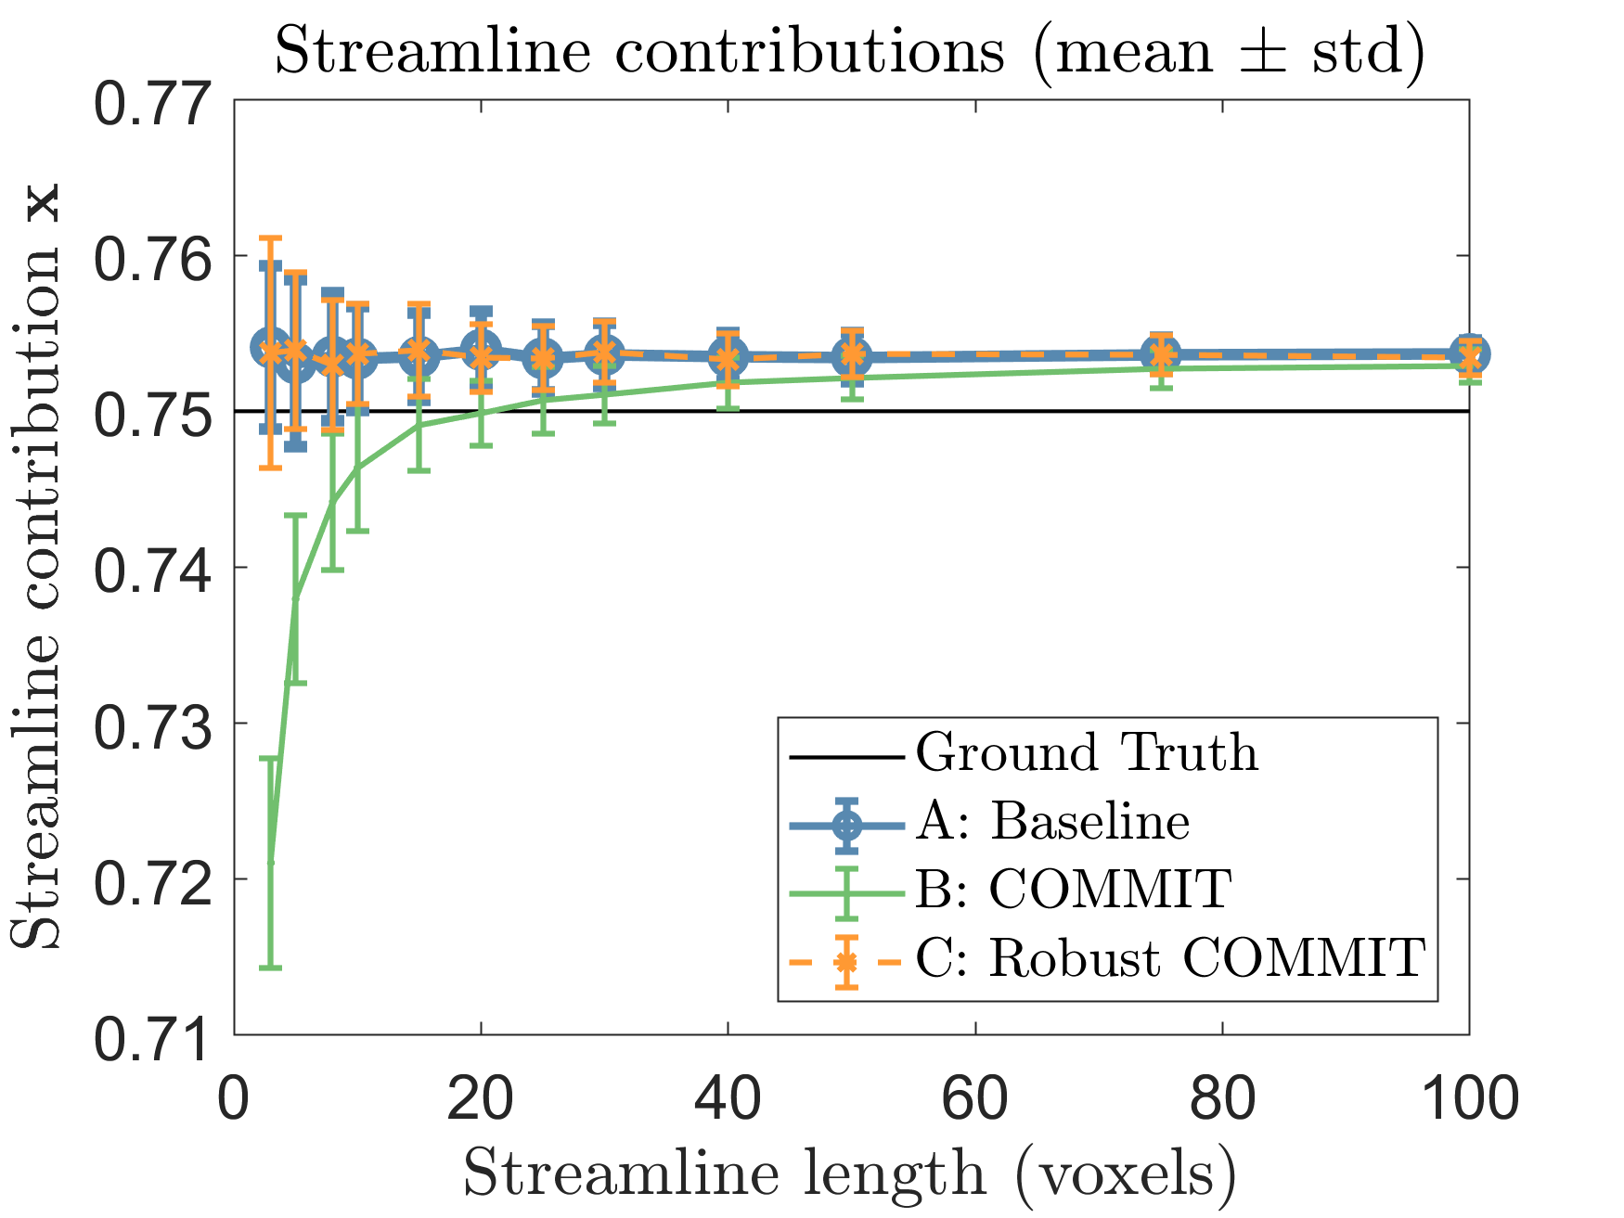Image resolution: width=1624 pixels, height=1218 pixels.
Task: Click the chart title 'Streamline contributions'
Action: point(848,50)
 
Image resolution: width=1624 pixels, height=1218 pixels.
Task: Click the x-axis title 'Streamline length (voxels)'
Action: point(848,1173)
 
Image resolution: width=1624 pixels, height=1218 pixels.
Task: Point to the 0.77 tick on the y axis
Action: point(154,104)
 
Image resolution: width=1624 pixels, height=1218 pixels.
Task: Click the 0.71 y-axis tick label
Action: point(154,1036)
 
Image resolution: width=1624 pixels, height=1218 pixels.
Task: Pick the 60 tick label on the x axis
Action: point(975,1100)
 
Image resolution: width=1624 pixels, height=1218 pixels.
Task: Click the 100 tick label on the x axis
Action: point(1468,1100)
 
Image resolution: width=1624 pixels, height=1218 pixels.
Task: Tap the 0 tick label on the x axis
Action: point(235,1100)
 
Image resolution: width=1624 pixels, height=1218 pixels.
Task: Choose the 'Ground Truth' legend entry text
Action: point(1087,752)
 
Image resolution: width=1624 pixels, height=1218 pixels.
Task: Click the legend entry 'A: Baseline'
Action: point(1052,822)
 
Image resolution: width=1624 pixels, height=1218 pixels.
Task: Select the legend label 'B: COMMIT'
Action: point(1073,890)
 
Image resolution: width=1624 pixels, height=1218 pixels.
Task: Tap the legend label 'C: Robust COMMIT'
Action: point(1169,958)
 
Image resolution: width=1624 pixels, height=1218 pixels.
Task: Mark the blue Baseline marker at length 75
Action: point(1160,354)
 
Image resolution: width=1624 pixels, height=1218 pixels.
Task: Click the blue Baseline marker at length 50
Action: point(851,355)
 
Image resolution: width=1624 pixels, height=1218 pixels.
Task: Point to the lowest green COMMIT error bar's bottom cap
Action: point(270,968)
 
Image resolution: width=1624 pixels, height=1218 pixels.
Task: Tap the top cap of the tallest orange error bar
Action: point(270,238)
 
